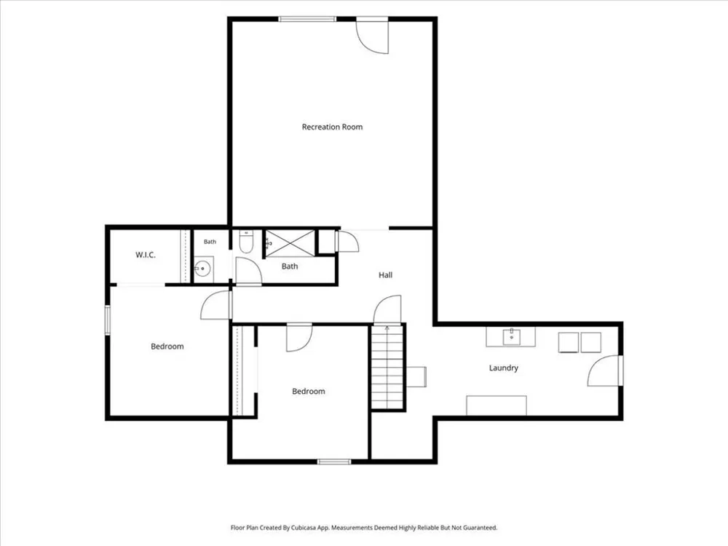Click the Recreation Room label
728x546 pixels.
[332, 127]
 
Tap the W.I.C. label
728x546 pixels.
[146, 255]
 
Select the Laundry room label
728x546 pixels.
[503, 368]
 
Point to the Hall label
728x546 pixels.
[385, 275]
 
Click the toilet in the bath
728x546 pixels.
[245, 242]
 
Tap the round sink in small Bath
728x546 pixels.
[202, 269]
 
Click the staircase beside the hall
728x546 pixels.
[387, 367]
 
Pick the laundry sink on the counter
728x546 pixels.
[512, 336]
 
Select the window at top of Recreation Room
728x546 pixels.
[307, 19]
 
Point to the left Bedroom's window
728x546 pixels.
[107, 320]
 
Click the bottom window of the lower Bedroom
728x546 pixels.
[334, 462]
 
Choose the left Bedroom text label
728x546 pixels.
[167, 347]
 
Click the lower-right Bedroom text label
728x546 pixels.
[308, 392]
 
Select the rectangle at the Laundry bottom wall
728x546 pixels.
[496, 405]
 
